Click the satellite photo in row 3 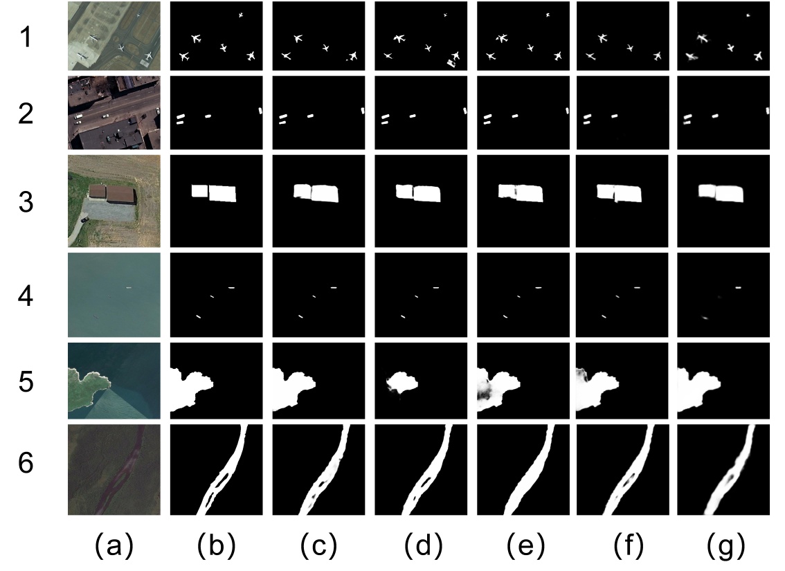click(114, 201)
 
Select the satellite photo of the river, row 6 click(114, 470)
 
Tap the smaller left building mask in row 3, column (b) click(200, 190)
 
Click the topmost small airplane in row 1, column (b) click(240, 15)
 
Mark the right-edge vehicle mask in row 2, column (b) click(260, 110)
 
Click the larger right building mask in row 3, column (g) click(730, 193)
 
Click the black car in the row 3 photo click(85, 219)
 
